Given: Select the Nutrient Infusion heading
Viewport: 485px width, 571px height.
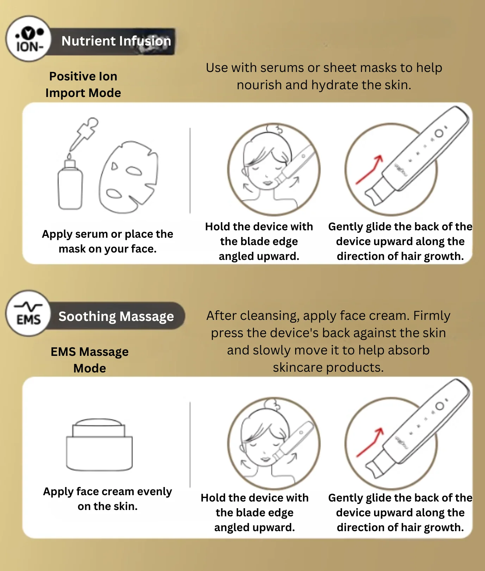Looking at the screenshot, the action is pyautogui.click(x=116, y=41).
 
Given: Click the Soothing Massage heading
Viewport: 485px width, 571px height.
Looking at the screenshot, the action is pyautogui.click(x=116, y=316).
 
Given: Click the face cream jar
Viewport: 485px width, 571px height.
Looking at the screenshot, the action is pyautogui.click(x=99, y=445).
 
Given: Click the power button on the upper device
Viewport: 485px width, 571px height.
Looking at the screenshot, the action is pyautogui.click(x=439, y=133).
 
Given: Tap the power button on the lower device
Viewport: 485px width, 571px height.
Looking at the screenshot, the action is pyautogui.click(x=440, y=406).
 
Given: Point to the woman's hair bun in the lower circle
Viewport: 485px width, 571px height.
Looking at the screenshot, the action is pyautogui.click(x=272, y=404).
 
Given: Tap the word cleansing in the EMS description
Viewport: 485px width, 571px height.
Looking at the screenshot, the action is pyautogui.click(x=269, y=316).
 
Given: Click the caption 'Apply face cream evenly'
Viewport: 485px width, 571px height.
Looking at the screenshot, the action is pyautogui.click(x=107, y=491).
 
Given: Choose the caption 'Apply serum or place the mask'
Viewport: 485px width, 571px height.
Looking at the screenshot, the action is pyautogui.click(x=107, y=241).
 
